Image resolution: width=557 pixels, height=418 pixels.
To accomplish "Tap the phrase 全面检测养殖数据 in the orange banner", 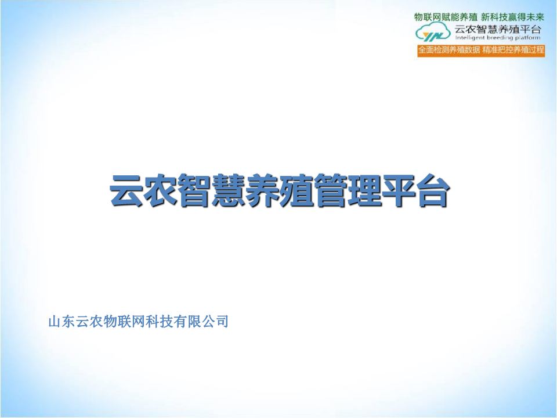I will pyautogui.click(x=449, y=50).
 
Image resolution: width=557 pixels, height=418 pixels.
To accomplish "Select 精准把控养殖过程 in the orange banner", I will pyautogui.click(x=513, y=50).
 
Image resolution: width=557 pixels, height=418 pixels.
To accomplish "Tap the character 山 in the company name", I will pyautogui.click(x=56, y=322).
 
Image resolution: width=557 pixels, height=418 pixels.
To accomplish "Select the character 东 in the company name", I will pyautogui.click(x=69, y=322).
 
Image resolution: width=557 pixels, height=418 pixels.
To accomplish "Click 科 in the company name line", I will pyautogui.click(x=153, y=322).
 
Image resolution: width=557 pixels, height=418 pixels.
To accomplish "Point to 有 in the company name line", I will pyautogui.click(x=180, y=322).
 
